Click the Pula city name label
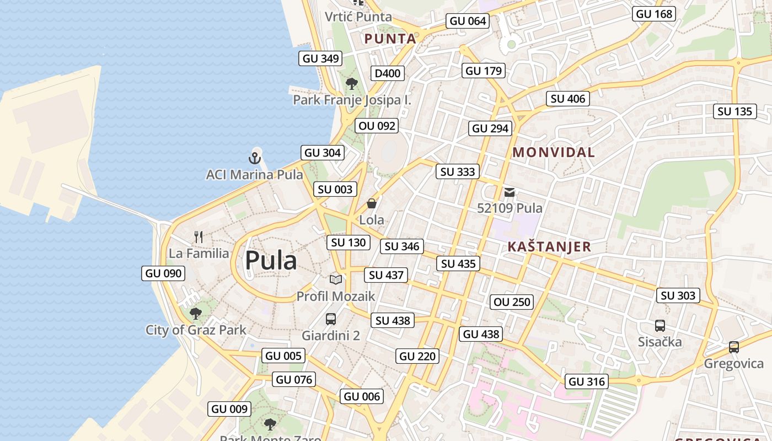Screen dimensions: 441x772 [x=271, y=260]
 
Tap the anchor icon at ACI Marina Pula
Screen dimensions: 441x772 [x=254, y=158]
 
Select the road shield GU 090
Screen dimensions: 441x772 [x=163, y=273]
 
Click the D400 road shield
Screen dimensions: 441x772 [x=388, y=73]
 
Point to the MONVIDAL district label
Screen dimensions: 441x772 [x=554, y=153]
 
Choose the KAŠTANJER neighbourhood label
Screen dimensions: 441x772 [x=549, y=246]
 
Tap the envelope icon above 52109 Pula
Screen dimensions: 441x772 [x=510, y=192]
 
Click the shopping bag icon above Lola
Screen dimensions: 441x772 [x=372, y=203]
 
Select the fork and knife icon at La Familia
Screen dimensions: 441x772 [x=199, y=237]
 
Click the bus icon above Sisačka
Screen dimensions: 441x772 [x=660, y=325]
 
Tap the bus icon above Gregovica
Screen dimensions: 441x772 [x=733, y=347]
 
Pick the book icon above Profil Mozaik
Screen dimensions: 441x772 [x=336, y=279]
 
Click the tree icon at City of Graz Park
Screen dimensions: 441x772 [x=195, y=314]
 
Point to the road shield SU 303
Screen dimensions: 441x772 [x=678, y=295]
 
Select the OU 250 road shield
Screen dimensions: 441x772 [x=512, y=302]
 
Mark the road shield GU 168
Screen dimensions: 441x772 [x=655, y=14]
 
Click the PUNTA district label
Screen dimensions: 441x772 [x=390, y=39]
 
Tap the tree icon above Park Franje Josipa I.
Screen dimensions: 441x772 [x=351, y=84]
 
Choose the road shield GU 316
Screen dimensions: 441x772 [x=587, y=381]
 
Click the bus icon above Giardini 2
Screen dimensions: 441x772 [x=331, y=319]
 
